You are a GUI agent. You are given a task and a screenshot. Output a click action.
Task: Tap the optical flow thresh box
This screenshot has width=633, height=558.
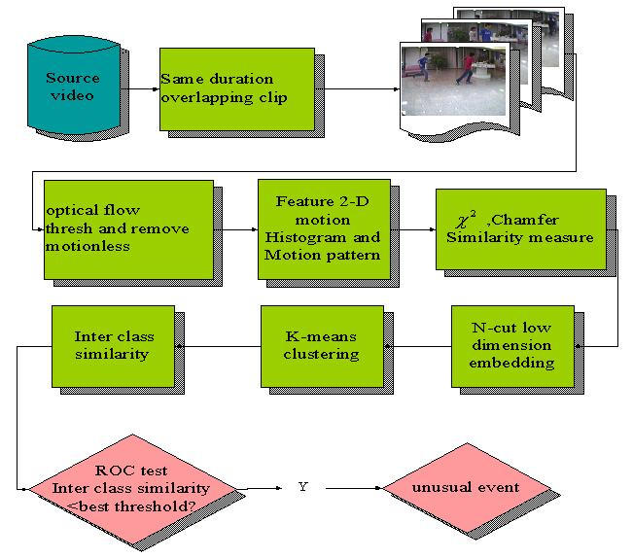[x=127, y=228]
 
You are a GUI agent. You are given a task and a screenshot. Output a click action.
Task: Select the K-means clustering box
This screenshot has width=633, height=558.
[x=320, y=345]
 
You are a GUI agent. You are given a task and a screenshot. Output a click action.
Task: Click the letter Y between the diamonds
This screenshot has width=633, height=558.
[x=302, y=487]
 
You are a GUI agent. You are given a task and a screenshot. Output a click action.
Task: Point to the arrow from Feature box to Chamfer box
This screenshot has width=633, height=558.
[x=412, y=230]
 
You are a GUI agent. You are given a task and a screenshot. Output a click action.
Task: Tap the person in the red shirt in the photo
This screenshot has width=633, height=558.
[x=469, y=69]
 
